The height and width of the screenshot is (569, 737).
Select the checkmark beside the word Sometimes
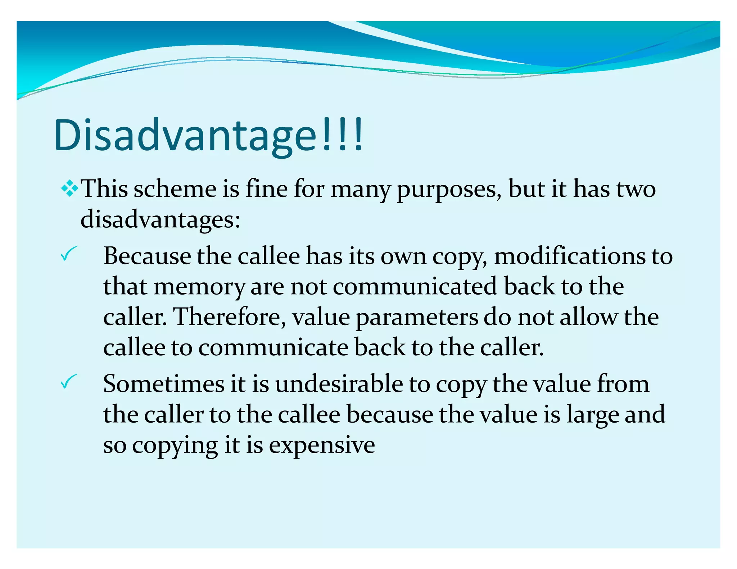click(x=68, y=381)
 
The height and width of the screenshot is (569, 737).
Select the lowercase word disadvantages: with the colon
click(x=160, y=219)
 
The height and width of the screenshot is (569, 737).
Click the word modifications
click(x=570, y=256)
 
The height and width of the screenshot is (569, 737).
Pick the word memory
click(x=199, y=287)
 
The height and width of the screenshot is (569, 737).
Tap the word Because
click(x=147, y=256)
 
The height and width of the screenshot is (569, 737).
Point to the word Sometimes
click(x=164, y=384)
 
